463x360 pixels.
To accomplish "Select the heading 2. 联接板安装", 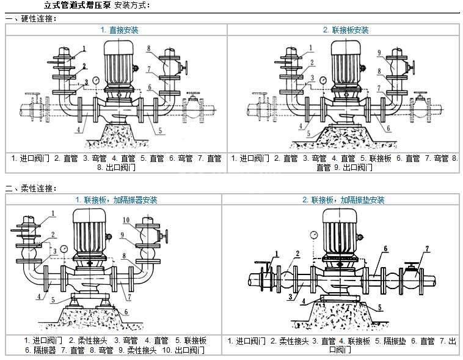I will click(346, 29).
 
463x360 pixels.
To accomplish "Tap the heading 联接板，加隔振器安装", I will click(116, 200).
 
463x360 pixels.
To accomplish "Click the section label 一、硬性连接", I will click(31, 18).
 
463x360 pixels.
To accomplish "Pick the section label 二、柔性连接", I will click(31, 188).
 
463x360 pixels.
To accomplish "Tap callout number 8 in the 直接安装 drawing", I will click(148, 48).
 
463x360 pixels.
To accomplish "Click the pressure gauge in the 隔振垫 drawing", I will click(313, 233).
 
